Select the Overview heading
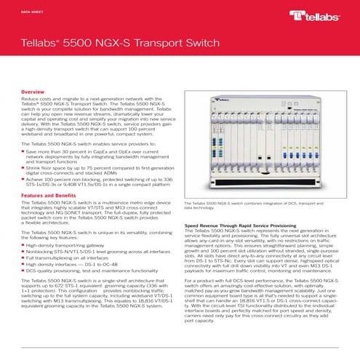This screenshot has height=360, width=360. pos(33,94)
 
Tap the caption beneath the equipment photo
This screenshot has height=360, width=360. pos(261,205)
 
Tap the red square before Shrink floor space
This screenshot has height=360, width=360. pos(23,168)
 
